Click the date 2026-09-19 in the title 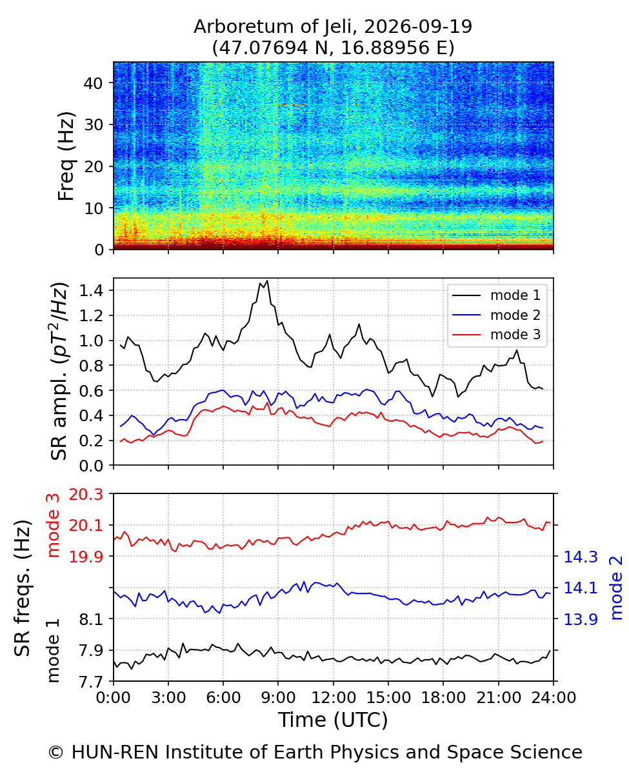pos(418,26)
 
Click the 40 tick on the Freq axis pos(94,83)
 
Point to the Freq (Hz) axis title pos(66,157)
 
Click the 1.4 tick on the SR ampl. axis pos(92,291)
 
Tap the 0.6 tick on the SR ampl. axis pos(92,390)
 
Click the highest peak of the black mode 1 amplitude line pos(268,281)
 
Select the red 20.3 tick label pos(86,494)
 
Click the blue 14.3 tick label pos(581,557)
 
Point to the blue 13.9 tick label pos(581,619)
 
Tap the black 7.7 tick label pos(92,681)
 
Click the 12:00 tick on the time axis pos(334,698)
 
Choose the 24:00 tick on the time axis pos(554,698)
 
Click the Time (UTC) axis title pos(333,720)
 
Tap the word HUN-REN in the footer pos(115,752)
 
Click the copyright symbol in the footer pos(56,753)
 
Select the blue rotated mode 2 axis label pos(616,588)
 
